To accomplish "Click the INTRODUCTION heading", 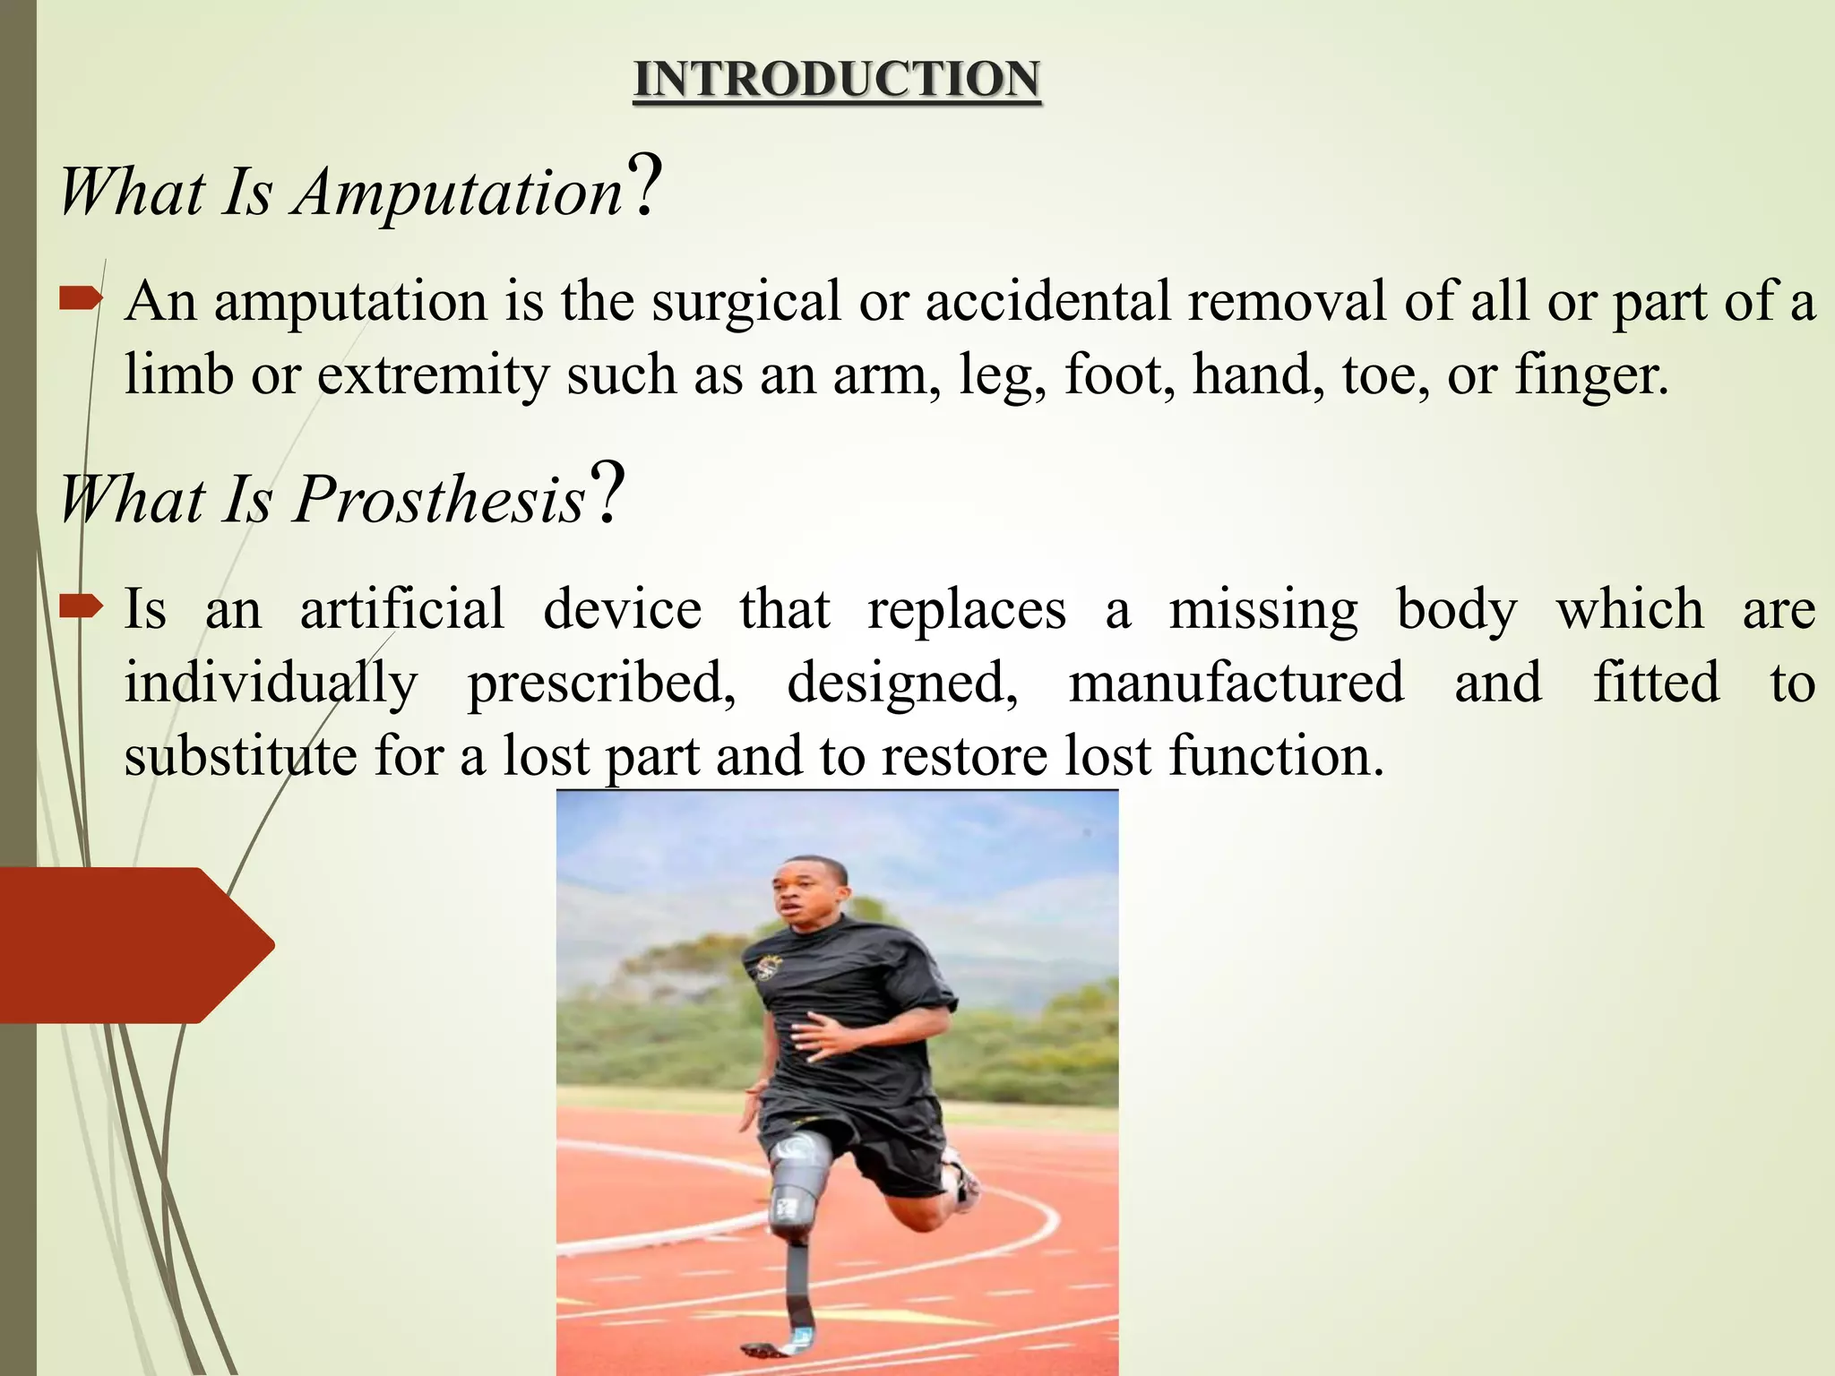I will point(836,79).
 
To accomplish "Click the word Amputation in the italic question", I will point(458,192).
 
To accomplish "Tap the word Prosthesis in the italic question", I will point(439,499).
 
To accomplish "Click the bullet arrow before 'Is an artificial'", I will point(80,607).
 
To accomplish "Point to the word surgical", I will point(745,301).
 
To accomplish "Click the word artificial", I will point(402,609).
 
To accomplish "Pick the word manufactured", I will point(1236,683).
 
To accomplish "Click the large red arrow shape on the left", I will point(134,944).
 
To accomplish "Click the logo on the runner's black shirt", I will point(769,967).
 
